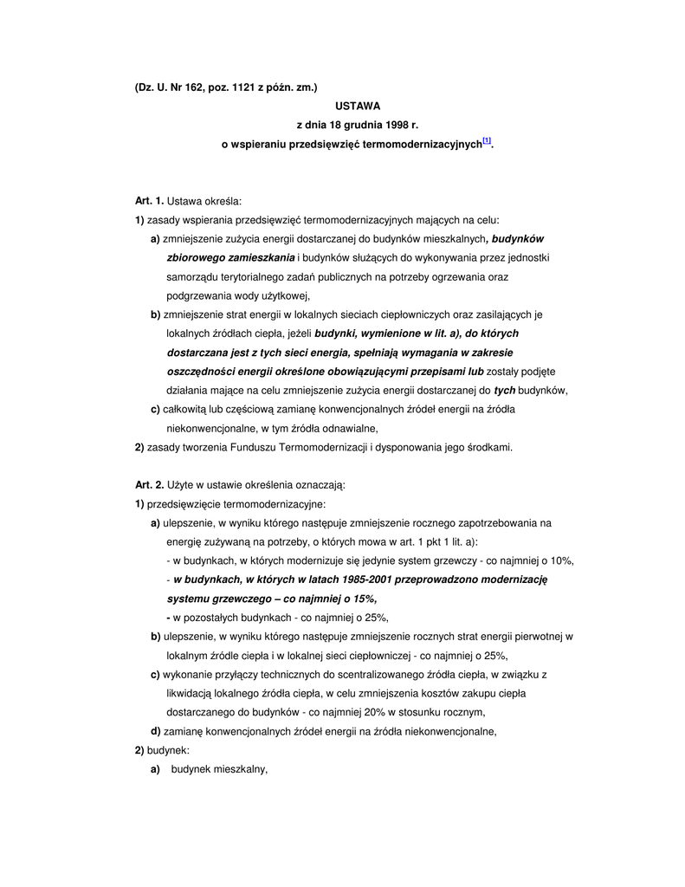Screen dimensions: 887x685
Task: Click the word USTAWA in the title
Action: [x=358, y=106]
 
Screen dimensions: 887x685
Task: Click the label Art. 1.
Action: [x=149, y=202]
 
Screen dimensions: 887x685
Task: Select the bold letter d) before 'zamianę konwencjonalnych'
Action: [x=155, y=732]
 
